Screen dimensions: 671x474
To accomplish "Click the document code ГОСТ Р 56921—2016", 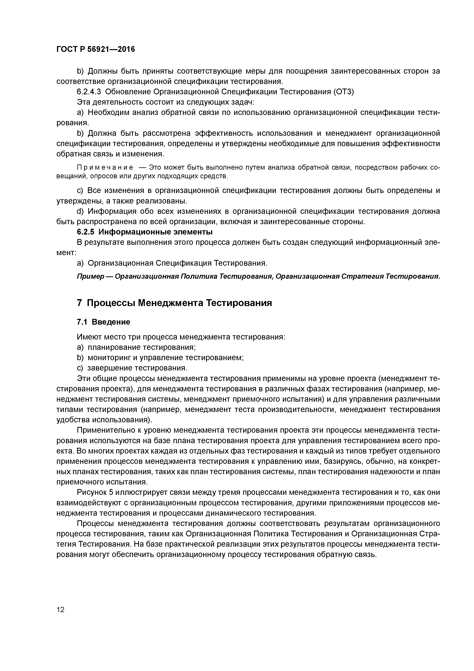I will point(96,49).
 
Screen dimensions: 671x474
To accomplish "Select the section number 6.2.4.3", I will point(89,92).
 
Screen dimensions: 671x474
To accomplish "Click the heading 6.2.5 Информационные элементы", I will point(144,232).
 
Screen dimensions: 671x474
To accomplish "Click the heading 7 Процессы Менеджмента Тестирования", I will point(174,303).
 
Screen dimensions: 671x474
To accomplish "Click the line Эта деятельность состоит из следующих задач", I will point(166,102).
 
